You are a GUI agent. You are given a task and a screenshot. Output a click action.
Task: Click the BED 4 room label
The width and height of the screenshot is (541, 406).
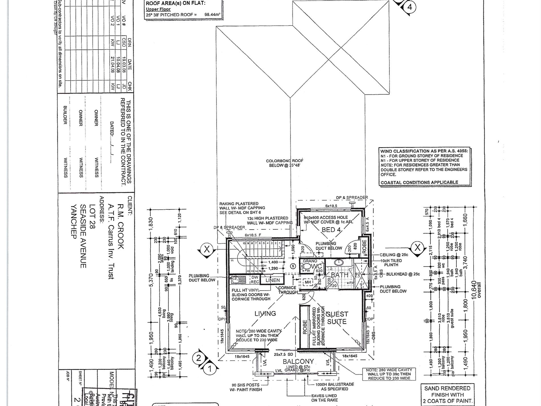click(x=330, y=230)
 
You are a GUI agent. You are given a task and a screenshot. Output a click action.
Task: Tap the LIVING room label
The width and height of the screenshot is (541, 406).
click(x=265, y=313)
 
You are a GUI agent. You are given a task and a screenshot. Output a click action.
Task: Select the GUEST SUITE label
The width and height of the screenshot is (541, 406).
click(x=337, y=318)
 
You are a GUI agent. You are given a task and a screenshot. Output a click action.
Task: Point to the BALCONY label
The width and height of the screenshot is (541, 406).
click(x=298, y=362)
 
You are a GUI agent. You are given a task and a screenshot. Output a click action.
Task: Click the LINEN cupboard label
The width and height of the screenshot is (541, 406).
click(x=272, y=280)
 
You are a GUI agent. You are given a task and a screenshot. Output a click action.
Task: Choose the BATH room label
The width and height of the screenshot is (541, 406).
click(x=339, y=275)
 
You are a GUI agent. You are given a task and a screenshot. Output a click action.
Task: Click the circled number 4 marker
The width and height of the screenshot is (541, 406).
click(x=410, y=7)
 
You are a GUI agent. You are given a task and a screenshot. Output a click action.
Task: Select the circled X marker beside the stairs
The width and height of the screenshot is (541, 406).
click(x=207, y=249)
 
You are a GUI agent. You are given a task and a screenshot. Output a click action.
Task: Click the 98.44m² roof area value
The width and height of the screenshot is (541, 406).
click(x=212, y=15)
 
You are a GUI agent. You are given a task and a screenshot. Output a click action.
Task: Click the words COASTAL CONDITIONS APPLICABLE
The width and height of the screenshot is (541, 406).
click(x=419, y=182)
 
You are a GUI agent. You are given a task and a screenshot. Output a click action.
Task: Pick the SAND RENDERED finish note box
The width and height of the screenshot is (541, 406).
click(x=448, y=395)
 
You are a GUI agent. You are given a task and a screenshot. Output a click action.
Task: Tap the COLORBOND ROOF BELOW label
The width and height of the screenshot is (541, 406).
click(x=284, y=163)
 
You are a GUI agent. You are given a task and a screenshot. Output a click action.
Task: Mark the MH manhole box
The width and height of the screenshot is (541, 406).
click(x=308, y=282)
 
